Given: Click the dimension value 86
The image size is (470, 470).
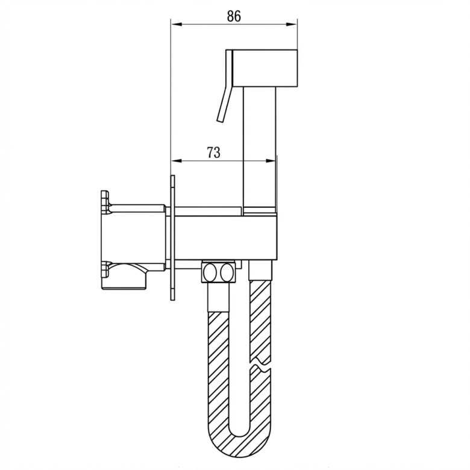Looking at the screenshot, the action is coord(234,16).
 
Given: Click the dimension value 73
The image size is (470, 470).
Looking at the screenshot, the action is coord(214,152).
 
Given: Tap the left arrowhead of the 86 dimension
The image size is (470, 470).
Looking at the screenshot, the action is coord(176,24).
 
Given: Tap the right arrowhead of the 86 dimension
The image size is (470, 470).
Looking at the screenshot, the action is coord(292,24).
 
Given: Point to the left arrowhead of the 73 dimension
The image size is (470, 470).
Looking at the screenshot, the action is coord(176,161).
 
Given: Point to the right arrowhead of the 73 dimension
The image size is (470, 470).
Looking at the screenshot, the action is coord(270,161).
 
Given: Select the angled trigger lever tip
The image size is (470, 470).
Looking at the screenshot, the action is coord(221,120).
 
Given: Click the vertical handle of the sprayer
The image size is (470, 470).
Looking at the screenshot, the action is coord(260,147).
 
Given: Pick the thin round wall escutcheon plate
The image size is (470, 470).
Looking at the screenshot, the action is coord(173,237).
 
